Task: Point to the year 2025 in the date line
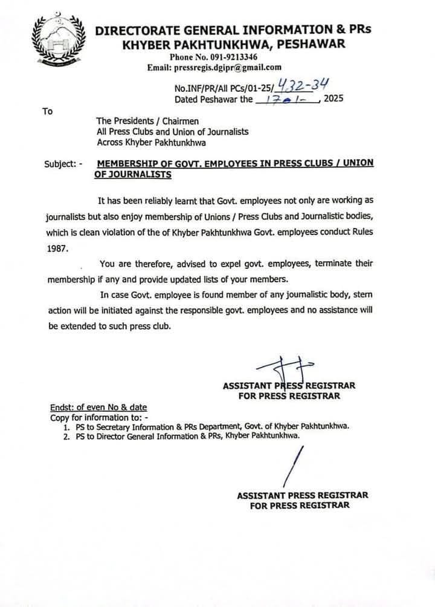click(x=333, y=99)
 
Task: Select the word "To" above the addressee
click(x=47, y=111)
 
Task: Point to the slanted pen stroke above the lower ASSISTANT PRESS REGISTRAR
click(x=295, y=465)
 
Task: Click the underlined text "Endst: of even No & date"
click(x=98, y=407)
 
